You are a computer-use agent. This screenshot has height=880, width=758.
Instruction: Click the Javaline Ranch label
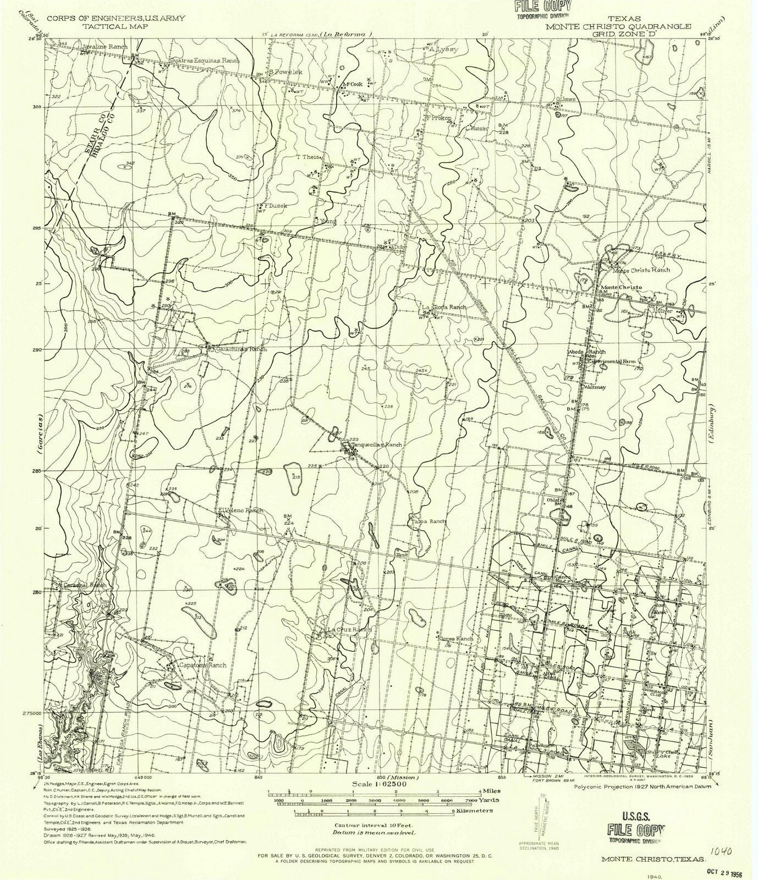pos(105,47)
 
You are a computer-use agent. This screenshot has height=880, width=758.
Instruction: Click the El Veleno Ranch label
pos(240,510)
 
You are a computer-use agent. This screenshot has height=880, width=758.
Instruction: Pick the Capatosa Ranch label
pos(203,665)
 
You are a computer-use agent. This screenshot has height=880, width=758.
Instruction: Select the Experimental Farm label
pos(611,361)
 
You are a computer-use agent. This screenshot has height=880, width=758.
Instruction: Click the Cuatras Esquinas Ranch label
pos(205,61)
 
